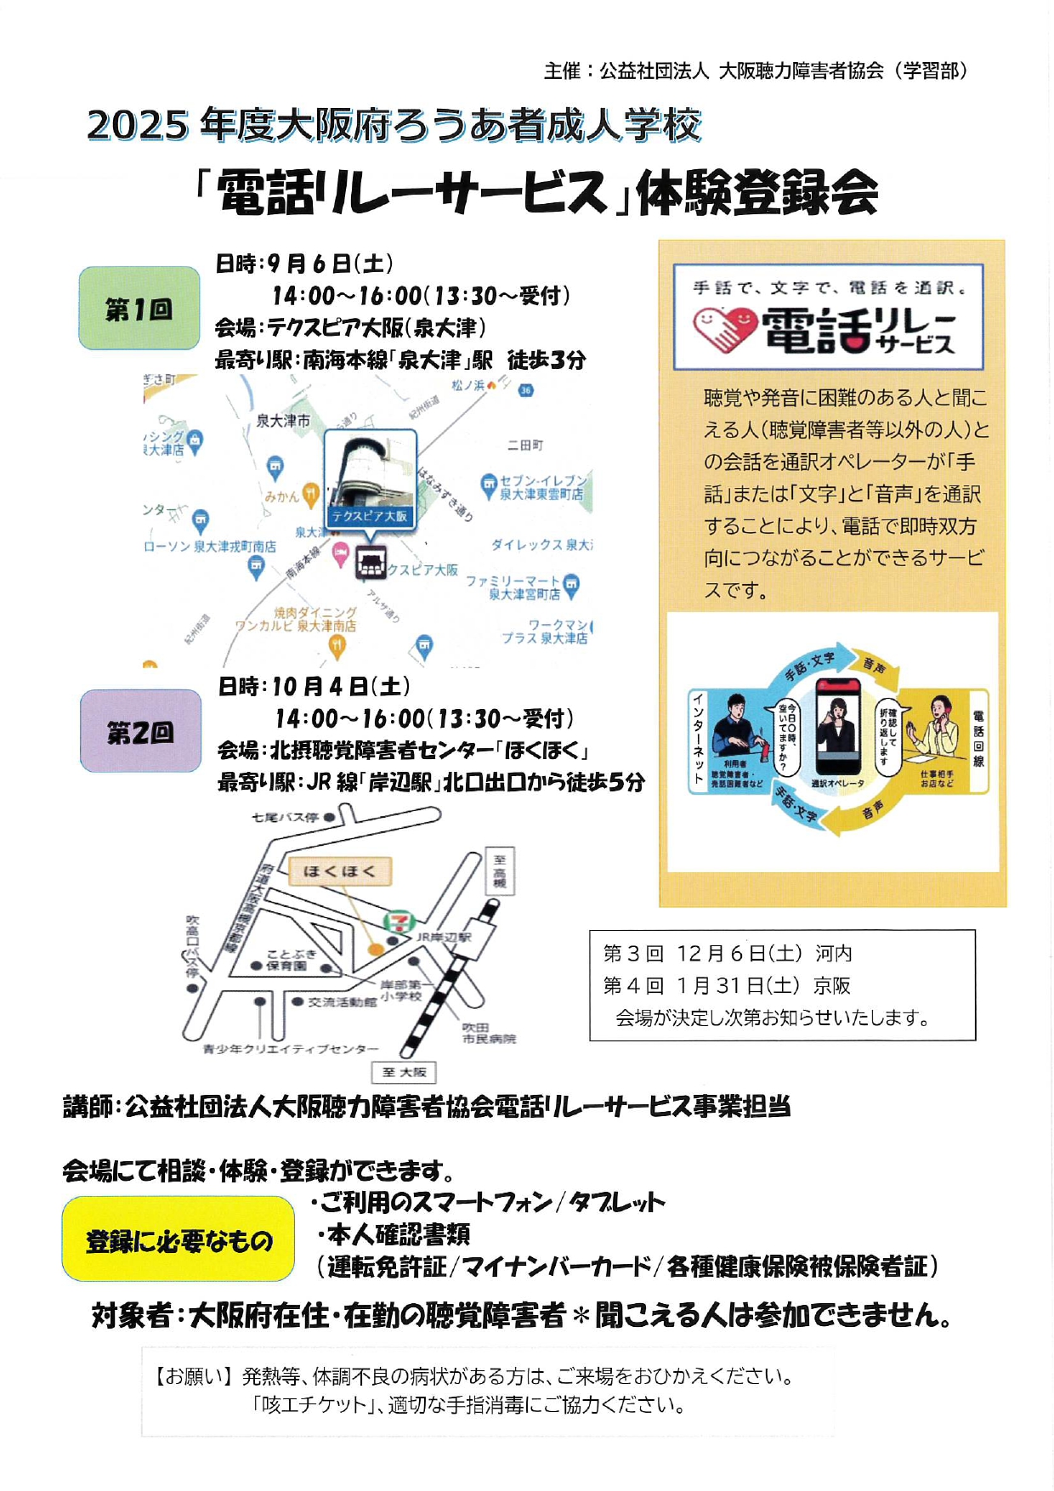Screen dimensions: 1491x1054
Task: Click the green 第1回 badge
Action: (x=139, y=309)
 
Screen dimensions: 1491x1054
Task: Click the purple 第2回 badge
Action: (x=140, y=731)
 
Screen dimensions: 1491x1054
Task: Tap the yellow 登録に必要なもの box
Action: (x=178, y=1240)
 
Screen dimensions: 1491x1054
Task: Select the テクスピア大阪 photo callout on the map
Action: (x=371, y=480)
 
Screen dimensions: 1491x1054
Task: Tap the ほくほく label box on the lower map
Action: (x=339, y=871)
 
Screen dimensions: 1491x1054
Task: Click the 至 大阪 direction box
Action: (x=404, y=1072)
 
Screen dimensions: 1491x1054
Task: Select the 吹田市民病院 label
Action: (x=489, y=1033)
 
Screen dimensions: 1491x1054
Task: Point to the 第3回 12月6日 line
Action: (x=727, y=954)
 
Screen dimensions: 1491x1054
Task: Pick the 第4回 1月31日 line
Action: (x=727, y=985)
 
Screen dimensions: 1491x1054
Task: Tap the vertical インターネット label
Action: (x=698, y=739)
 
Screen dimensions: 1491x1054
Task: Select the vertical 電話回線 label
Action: (x=978, y=739)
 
